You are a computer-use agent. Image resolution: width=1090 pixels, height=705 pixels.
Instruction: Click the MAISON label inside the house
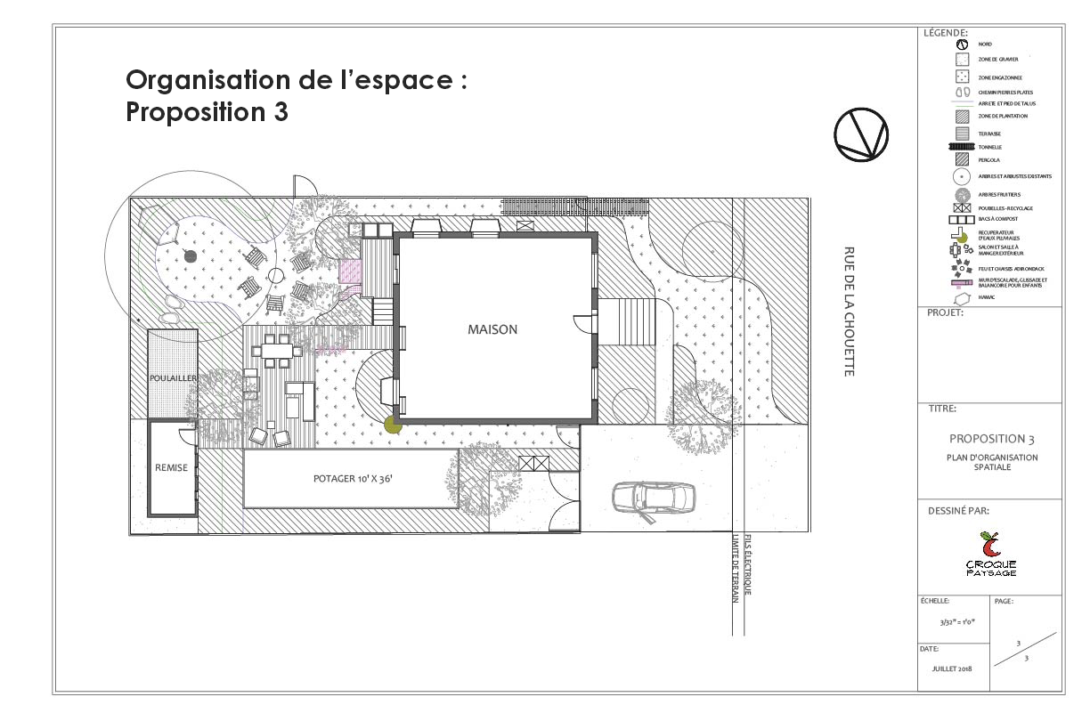tap(492, 329)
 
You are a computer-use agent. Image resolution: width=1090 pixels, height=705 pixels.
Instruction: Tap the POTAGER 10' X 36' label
tap(354, 479)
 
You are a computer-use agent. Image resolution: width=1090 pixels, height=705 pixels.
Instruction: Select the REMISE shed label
tap(171, 467)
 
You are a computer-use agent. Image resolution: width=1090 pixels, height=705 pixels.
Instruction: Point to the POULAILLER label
tap(173, 378)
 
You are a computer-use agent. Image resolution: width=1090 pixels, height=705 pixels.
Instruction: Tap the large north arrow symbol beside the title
tap(860, 134)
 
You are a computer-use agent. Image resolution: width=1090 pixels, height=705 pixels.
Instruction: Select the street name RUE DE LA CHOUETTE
tap(849, 312)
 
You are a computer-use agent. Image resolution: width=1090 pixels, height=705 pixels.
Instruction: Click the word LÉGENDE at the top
tap(946, 33)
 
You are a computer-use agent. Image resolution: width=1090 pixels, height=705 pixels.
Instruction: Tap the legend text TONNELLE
tap(991, 147)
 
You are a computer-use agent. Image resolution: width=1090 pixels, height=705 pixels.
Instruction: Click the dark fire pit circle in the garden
tap(190, 256)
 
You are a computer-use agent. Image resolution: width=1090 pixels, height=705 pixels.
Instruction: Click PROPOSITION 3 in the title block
tap(991, 439)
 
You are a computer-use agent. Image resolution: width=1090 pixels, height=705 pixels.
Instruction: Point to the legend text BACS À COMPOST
tap(997, 218)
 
